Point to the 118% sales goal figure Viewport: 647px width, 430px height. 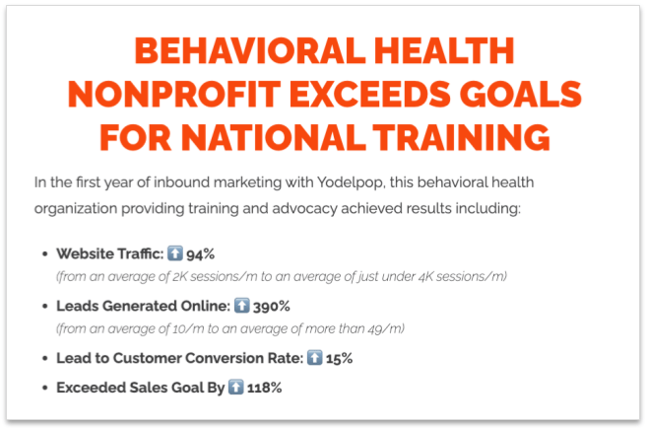[265, 388]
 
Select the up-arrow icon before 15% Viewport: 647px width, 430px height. [313, 357]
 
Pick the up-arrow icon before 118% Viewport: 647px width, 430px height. [235, 388]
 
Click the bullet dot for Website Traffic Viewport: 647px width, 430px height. [44, 253]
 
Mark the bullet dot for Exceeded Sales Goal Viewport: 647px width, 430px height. [44, 389]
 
